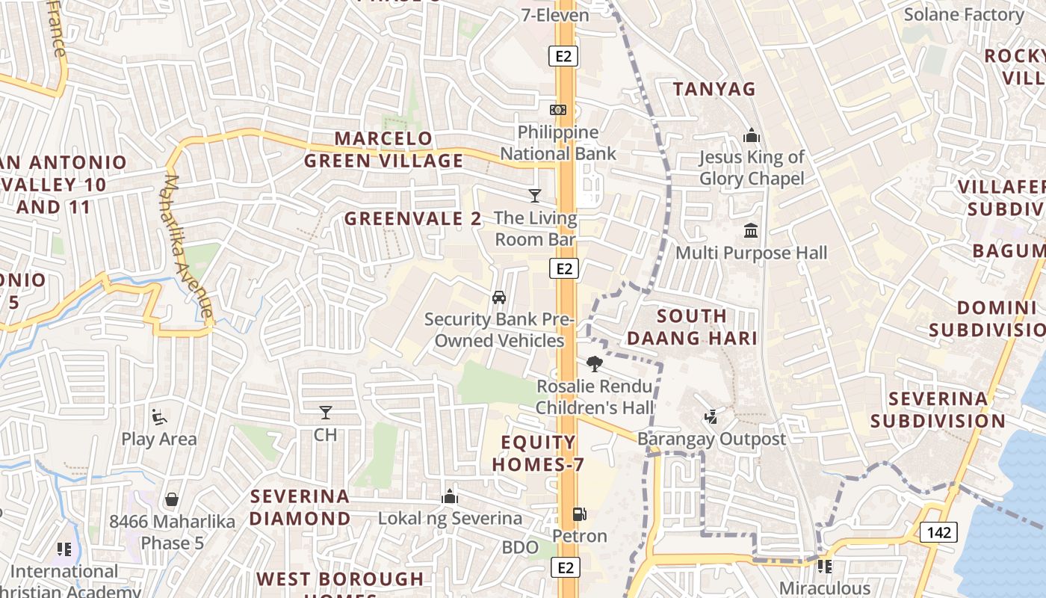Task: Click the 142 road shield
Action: tap(938, 532)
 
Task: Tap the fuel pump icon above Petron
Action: tap(579, 514)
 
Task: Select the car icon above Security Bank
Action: tap(499, 298)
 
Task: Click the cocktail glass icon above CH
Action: tap(325, 413)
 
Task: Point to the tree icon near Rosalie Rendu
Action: tap(595, 364)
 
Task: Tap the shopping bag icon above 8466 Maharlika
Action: tap(172, 499)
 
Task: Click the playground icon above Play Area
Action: tap(158, 416)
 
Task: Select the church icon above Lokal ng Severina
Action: tap(449, 496)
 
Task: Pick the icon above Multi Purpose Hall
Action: tap(751, 230)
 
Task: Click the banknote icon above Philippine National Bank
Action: tap(557, 110)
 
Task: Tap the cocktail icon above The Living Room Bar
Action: tap(535, 196)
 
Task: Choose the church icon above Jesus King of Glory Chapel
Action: tap(751, 135)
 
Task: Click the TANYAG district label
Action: tap(714, 89)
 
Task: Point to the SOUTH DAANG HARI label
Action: tap(692, 327)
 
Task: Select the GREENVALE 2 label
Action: tap(412, 218)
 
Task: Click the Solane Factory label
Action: tap(964, 14)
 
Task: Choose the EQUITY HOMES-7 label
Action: tap(538, 453)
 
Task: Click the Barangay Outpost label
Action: tap(711, 439)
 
